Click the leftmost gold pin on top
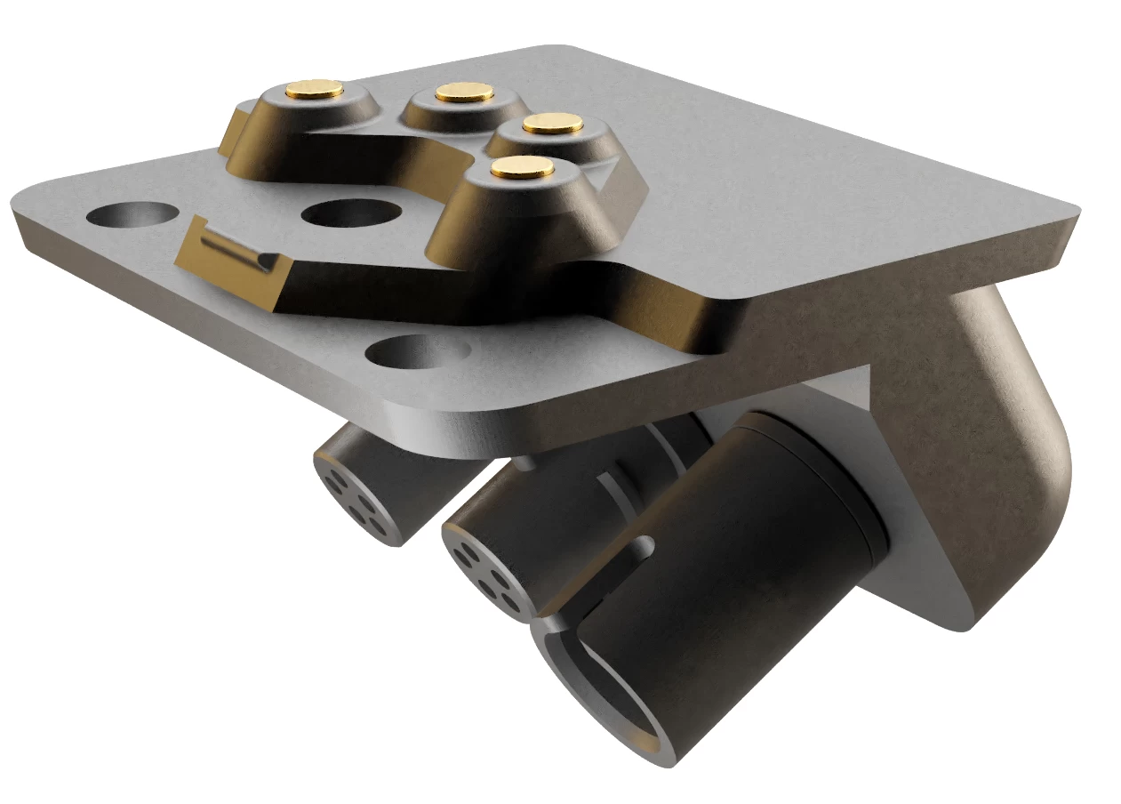tap(315, 88)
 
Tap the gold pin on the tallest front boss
tap(522, 167)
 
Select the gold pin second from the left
tap(464, 91)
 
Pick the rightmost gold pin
tap(552, 124)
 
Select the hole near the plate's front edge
tap(417, 351)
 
